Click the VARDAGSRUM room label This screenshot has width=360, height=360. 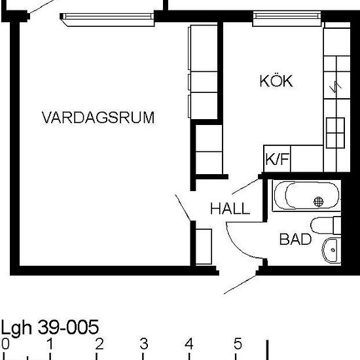click(98, 117)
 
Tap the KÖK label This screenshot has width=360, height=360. click(276, 81)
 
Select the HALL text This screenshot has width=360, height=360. click(230, 208)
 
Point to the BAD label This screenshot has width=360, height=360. click(295, 239)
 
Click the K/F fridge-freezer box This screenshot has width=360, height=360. click(277, 158)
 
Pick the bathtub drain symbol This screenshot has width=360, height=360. click(319, 202)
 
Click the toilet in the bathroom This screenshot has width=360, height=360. click(325, 225)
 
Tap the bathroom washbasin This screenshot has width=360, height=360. click(332, 250)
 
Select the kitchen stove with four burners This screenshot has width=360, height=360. click(335, 133)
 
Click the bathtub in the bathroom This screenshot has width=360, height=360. click(306, 196)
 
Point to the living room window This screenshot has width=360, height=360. click(107, 19)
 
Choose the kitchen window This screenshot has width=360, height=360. click(287, 18)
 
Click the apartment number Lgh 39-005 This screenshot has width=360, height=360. click(50, 327)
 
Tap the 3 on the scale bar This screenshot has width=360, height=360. click(144, 344)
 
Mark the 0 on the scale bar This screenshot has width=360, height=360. click(5, 344)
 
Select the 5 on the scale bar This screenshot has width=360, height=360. click(238, 344)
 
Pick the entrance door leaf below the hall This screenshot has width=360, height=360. click(240, 285)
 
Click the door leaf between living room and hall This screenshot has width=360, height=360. click(183, 207)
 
